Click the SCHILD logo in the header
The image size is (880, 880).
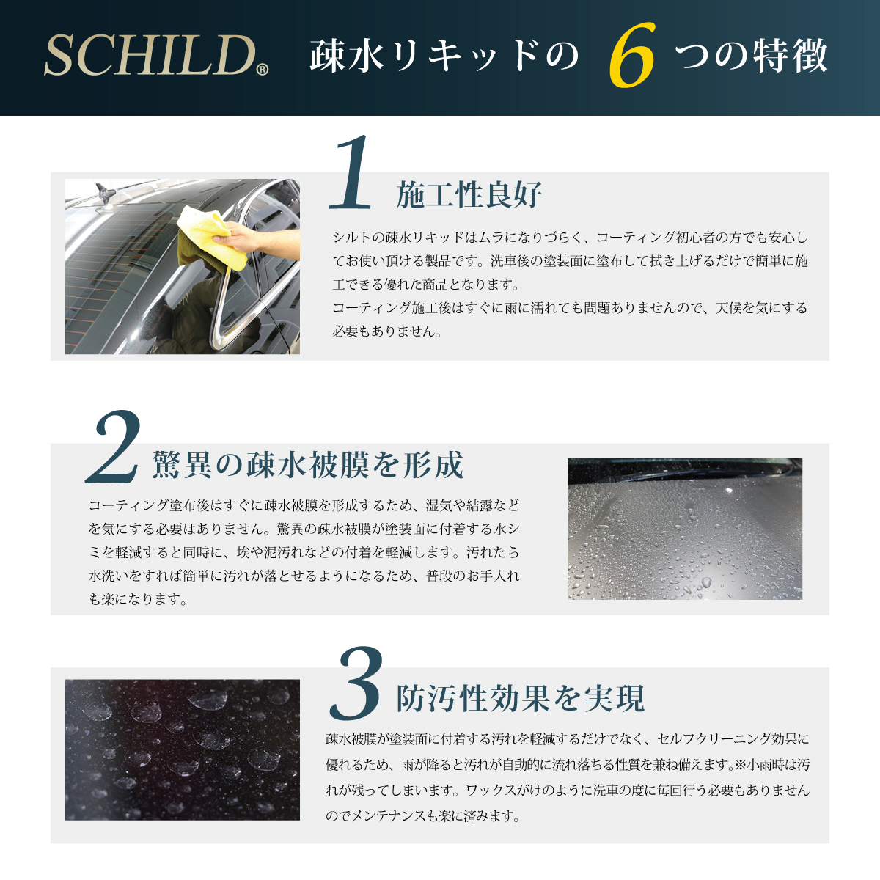coord(150,56)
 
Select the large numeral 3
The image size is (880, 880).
coord(356,683)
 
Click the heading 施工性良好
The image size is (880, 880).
coord(469,195)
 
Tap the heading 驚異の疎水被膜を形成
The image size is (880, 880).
coord(308,465)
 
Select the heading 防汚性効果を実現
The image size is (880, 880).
coord(520,699)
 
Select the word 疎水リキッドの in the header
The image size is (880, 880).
coord(444,56)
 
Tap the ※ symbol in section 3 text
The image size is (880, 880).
coord(740,766)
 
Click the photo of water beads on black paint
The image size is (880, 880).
coord(182,749)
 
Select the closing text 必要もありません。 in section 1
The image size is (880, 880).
coord(387,331)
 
